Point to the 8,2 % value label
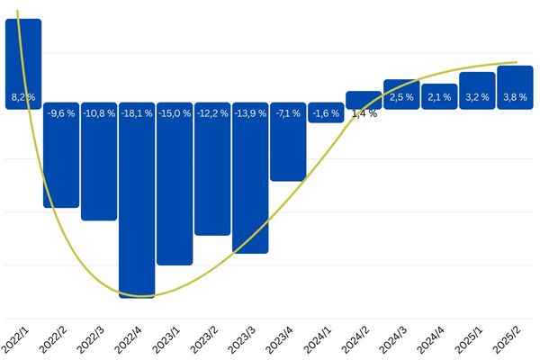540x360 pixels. (22, 95)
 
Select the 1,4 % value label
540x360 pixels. (364, 113)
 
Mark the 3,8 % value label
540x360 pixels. (515, 96)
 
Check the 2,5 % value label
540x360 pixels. (401, 96)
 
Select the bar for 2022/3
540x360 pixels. (99, 171)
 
